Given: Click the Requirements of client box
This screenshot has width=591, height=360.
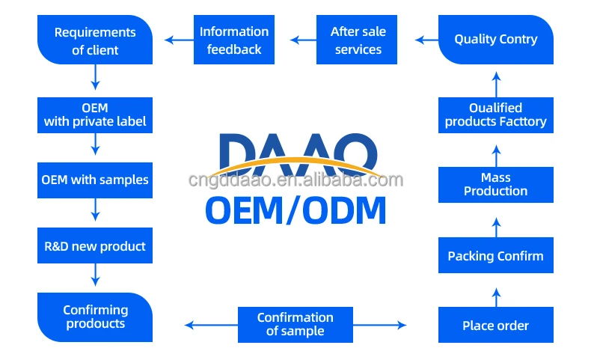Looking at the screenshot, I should click(95, 40).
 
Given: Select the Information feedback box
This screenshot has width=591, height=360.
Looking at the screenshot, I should click(234, 40).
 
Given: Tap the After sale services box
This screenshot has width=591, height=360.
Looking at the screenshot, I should click(358, 40).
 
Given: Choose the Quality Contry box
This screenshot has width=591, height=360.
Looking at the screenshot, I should click(495, 40).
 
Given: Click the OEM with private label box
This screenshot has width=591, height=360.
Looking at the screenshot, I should click(95, 115).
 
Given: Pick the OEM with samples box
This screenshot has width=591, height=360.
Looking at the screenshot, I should click(95, 180).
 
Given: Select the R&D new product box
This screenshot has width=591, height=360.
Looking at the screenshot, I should click(95, 245).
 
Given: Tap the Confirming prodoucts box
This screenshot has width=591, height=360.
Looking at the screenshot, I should click(95, 317).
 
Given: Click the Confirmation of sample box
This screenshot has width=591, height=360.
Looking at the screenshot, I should click(295, 324).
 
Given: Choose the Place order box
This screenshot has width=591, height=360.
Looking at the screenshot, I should click(495, 326).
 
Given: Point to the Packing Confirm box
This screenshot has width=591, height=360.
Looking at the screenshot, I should click(495, 256).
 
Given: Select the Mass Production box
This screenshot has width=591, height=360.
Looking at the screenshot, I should click(495, 184).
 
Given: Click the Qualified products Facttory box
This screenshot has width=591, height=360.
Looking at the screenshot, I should click(495, 115).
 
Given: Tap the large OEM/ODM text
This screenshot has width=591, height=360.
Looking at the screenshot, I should click(295, 210).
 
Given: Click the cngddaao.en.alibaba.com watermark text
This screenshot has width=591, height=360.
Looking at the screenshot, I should click(295, 180).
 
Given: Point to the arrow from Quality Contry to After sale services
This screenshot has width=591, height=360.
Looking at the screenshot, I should click(426, 40).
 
